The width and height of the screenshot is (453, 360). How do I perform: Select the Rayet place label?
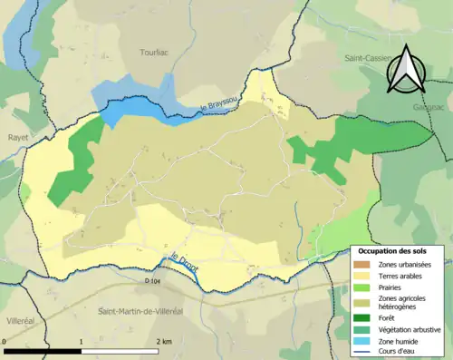coord(17,138)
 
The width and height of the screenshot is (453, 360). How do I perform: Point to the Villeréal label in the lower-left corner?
coord(20,321)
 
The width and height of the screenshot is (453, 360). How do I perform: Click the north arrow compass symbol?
coord(406,70)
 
